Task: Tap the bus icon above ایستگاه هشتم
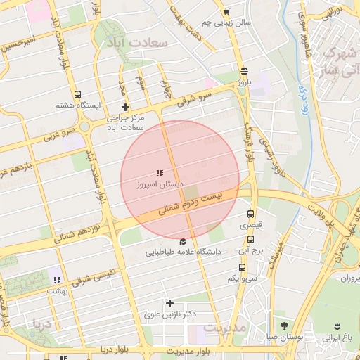pyautogui.click(x=77, y=95)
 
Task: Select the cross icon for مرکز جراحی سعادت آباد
pyautogui.click(x=125, y=108)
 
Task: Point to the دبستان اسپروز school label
pyautogui.click(x=161, y=184)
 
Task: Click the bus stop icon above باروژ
pyautogui.click(x=243, y=72)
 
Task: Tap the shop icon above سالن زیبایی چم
pyautogui.click(x=226, y=12)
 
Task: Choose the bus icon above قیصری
pyautogui.click(x=250, y=214)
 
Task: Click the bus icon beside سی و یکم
pyautogui.click(x=243, y=267)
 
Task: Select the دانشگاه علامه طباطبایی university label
pyautogui.click(x=184, y=251)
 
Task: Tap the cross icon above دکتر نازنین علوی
pyautogui.click(x=169, y=304)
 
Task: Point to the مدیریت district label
pyautogui.click(x=224, y=328)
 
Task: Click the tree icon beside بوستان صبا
pyautogui.click(x=284, y=326)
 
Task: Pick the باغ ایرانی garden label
pyautogui.click(x=336, y=337)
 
